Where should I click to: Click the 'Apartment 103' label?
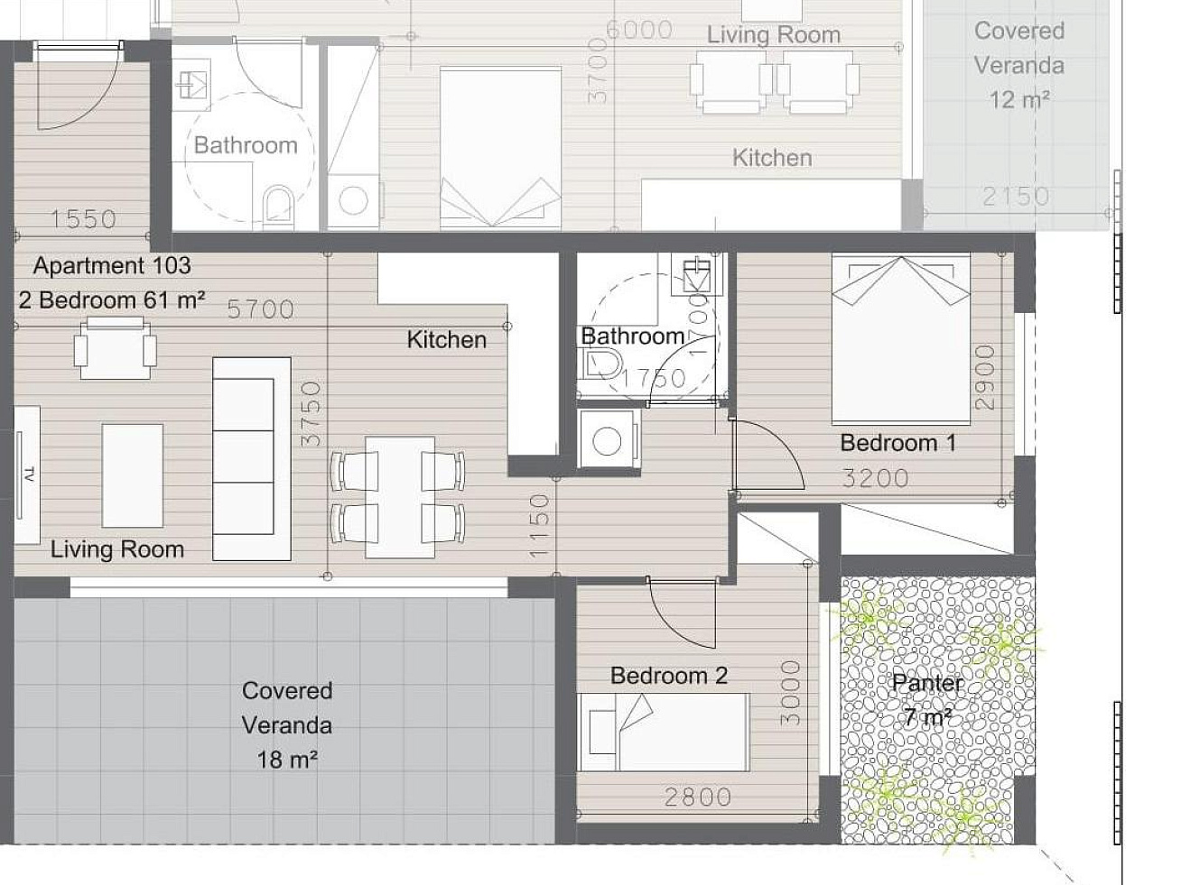(x=112, y=266)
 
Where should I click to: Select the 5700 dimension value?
(x=261, y=309)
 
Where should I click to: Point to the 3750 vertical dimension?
(x=312, y=414)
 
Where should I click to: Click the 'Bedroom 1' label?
(x=898, y=443)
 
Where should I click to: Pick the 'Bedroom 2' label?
(x=669, y=676)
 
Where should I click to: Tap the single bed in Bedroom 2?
(x=663, y=732)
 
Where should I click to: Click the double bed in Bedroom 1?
(x=901, y=338)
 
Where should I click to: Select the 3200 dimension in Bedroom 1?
(x=876, y=478)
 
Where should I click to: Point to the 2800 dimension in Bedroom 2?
(x=698, y=797)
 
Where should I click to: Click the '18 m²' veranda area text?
(x=287, y=760)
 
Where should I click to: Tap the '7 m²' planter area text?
(x=928, y=716)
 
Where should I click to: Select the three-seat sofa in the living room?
(x=252, y=459)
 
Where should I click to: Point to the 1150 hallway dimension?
(x=539, y=526)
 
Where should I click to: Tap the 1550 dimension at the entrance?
(x=83, y=219)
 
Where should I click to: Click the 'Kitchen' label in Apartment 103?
(x=447, y=340)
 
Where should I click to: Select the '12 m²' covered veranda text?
(x=1019, y=100)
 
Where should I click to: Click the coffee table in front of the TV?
(x=133, y=475)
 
